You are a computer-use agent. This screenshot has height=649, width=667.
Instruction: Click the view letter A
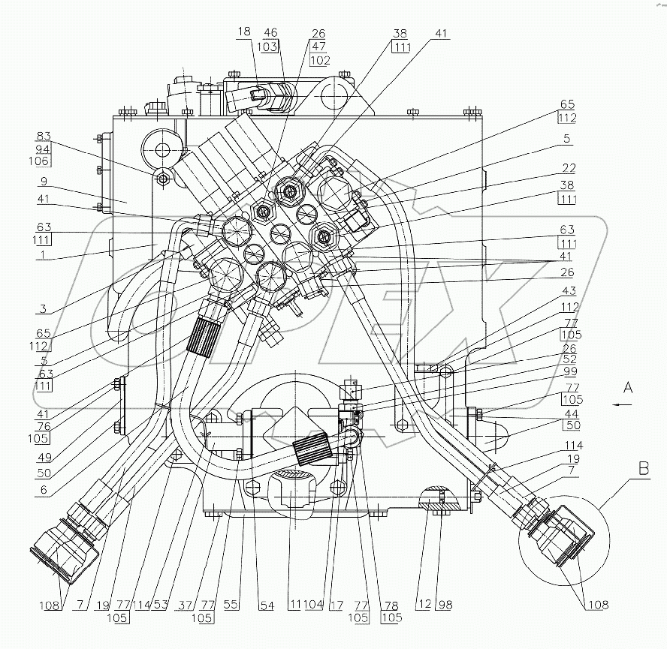pos(628,387)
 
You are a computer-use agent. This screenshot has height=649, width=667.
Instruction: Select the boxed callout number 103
pos(270,47)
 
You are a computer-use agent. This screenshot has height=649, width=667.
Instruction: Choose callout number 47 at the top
pos(319,47)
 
